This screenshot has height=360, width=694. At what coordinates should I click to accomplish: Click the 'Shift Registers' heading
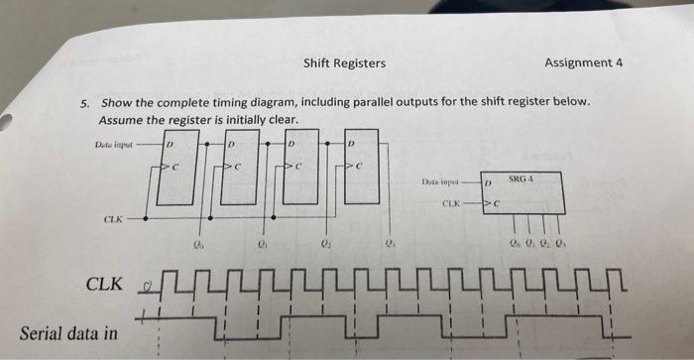click(x=345, y=64)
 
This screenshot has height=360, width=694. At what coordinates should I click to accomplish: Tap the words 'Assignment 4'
click(x=584, y=62)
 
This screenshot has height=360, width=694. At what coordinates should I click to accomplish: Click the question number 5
click(x=85, y=103)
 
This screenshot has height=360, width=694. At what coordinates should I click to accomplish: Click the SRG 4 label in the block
click(x=522, y=180)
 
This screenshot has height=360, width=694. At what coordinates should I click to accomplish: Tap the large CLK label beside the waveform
click(x=104, y=285)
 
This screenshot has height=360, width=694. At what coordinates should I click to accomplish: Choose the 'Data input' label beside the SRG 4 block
click(x=441, y=183)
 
